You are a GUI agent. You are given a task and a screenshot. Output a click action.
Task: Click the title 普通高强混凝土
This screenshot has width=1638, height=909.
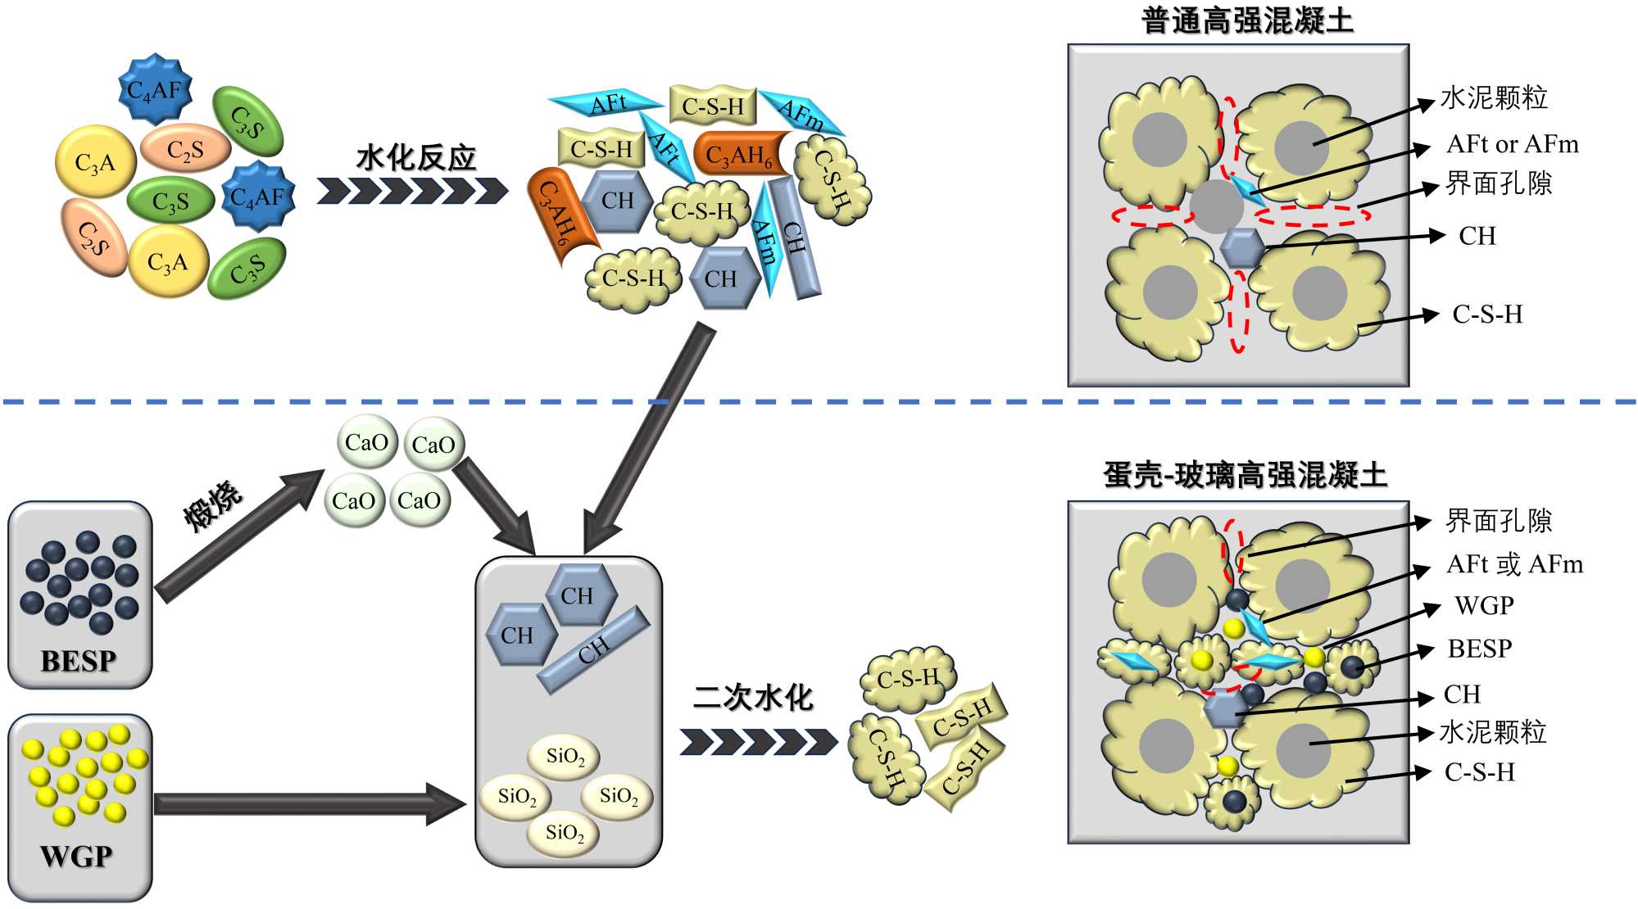coord(1247,20)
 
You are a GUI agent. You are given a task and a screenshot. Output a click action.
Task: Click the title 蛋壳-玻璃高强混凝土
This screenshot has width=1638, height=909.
coord(1245,475)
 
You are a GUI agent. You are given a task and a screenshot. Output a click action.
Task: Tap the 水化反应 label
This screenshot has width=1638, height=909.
coord(416,157)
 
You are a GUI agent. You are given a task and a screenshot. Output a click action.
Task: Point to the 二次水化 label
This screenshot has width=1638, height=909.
coord(753,698)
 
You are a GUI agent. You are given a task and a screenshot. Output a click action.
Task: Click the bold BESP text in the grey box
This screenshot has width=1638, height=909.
coord(79,661)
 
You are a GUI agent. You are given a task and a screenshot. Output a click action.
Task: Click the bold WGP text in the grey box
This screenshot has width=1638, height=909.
coord(76,857)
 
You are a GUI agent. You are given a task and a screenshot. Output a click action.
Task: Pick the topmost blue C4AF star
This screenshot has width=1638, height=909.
coord(155,89)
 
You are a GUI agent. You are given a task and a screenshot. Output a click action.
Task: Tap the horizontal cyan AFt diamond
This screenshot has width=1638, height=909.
coord(607,103)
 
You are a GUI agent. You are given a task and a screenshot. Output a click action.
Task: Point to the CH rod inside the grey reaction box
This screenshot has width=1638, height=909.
coord(594,650)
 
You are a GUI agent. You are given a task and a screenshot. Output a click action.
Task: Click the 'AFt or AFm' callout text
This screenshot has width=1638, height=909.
coord(1512,144)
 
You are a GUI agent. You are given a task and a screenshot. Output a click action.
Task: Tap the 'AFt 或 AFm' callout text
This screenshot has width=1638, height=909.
coord(1514,564)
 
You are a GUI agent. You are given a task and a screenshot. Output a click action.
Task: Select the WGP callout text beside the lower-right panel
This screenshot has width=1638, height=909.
coord(1484,606)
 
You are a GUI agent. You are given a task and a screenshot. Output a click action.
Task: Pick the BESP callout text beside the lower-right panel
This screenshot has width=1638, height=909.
coord(1479,649)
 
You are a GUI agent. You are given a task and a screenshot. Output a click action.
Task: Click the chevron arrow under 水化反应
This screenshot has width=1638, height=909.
coord(412,191)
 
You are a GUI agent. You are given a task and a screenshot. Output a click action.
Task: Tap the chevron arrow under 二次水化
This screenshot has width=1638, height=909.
coord(757,742)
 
